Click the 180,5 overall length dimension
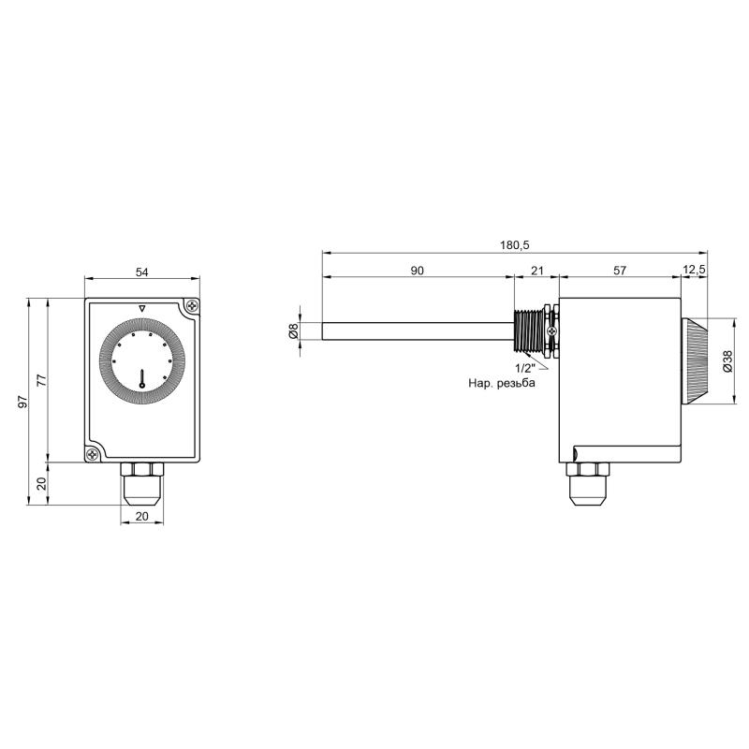tap(515, 245)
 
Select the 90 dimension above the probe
tap(417, 271)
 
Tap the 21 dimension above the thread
tap(537, 271)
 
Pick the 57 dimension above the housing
tap(620, 271)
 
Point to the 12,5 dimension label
tap(694, 271)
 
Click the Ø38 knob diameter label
tap(727, 361)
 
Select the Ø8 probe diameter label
tap(293, 331)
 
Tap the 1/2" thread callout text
tap(525, 368)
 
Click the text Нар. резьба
tap(502, 383)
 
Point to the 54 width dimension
tap(142, 272)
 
